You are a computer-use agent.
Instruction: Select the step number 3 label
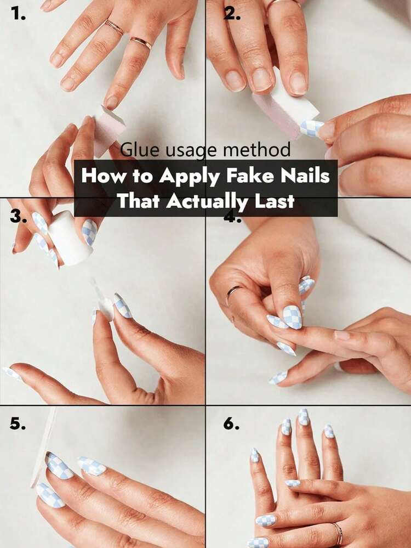[x=18, y=217]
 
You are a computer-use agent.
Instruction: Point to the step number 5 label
[x=18, y=423]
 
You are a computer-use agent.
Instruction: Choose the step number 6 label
[x=231, y=423]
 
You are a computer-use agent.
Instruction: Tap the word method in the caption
[x=256, y=150]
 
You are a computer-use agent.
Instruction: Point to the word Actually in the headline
[x=208, y=201]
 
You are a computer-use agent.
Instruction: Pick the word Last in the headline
[x=275, y=201]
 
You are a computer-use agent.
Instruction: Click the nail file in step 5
[x=43, y=448]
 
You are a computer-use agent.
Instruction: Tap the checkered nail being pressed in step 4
[x=293, y=317]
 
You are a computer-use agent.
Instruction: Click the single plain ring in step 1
[x=141, y=43]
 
